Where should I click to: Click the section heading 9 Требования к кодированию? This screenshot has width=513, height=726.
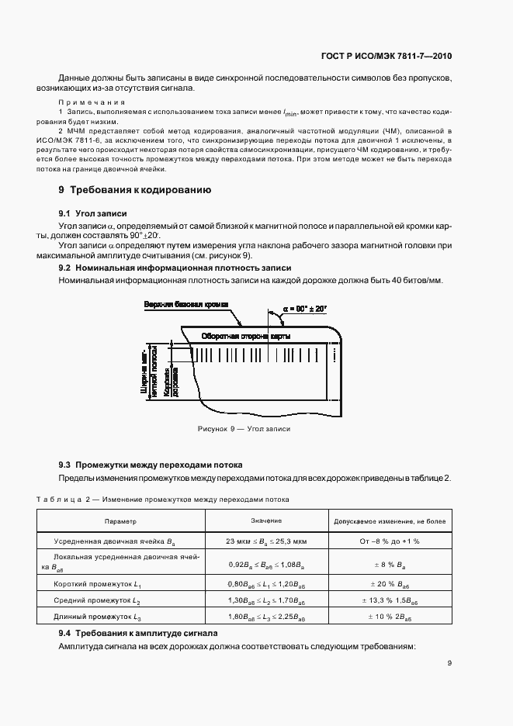(x=134, y=190)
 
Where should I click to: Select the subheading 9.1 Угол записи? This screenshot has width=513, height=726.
(x=93, y=213)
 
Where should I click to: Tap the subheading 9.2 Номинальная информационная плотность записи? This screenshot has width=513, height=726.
(x=153, y=267)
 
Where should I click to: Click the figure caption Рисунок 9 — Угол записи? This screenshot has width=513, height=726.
(x=244, y=429)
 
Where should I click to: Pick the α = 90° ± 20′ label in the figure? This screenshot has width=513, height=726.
(x=305, y=308)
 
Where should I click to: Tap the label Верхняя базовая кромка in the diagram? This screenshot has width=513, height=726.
(x=186, y=306)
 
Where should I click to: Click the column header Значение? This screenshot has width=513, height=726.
(x=266, y=521)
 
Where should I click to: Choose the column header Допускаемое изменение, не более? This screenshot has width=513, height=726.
(x=390, y=522)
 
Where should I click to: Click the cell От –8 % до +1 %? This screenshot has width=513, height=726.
(x=390, y=541)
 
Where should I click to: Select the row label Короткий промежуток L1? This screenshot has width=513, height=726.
(x=97, y=583)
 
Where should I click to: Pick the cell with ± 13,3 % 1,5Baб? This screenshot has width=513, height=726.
(x=390, y=600)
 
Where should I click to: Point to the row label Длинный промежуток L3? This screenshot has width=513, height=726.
(x=98, y=617)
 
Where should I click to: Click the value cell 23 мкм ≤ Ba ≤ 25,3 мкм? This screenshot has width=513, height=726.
(x=266, y=541)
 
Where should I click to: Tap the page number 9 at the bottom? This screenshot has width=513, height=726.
(x=449, y=663)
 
